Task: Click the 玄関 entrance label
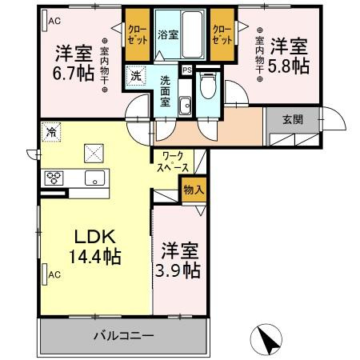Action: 292,119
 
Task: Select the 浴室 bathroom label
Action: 167,36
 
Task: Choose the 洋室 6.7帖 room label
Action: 74,62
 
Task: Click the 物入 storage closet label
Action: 193,190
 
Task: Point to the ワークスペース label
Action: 174,162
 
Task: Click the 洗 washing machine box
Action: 138,78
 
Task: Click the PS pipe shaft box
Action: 186,69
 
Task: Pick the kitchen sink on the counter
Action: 93,178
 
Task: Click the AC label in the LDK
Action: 54,275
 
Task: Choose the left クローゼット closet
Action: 135,35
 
